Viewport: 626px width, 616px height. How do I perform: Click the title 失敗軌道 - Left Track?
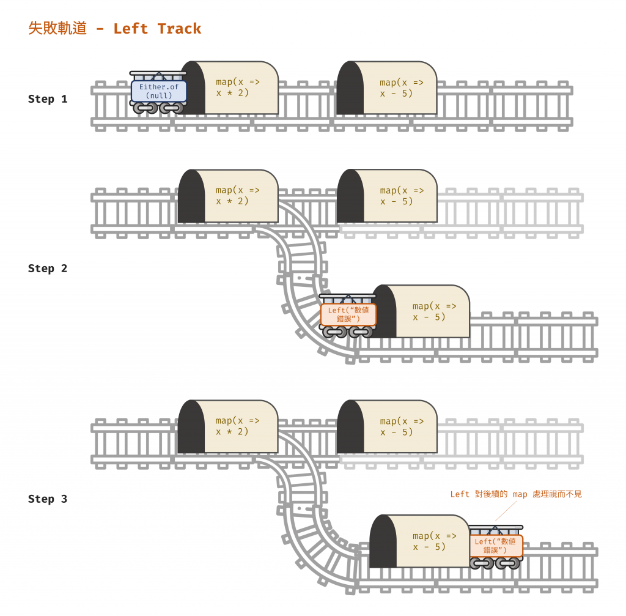(x=115, y=29)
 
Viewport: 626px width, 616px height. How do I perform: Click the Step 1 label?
(x=48, y=99)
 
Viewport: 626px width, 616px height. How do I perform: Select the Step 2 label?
(x=48, y=269)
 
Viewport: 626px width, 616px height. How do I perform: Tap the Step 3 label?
(x=48, y=499)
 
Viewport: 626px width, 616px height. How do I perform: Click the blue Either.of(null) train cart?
(x=159, y=92)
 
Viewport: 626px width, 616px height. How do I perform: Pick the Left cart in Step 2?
(x=348, y=314)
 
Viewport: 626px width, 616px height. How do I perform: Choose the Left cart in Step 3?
(x=496, y=546)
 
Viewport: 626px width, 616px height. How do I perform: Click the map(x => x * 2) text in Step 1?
(x=237, y=87)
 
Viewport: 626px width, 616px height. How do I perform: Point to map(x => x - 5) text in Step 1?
(x=401, y=87)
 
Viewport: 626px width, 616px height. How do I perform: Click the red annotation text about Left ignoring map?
(x=516, y=494)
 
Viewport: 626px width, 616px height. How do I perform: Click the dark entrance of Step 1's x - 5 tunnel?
(x=350, y=89)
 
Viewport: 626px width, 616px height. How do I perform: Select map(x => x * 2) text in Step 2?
(x=237, y=196)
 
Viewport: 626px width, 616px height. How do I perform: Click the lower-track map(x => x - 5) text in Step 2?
(x=434, y=311)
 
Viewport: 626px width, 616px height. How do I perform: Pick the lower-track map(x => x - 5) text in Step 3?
(x=434, y=541)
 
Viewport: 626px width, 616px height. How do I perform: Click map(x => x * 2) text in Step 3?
(x=237, y=426)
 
